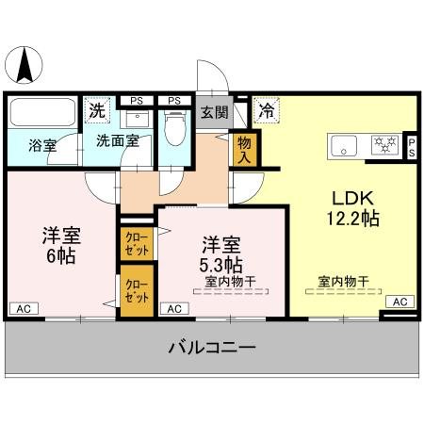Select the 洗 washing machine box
[x=96, y=110]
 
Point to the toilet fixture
[x=174, y=125]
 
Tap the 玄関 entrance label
[x=214, y=112]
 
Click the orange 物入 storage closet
[x=244, y=147]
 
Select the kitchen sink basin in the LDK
[x=343, y=145]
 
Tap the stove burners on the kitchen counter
[x=383, y=145]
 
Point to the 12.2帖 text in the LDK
[x=352, y=220]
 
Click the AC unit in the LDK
[x=399, y=302]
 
